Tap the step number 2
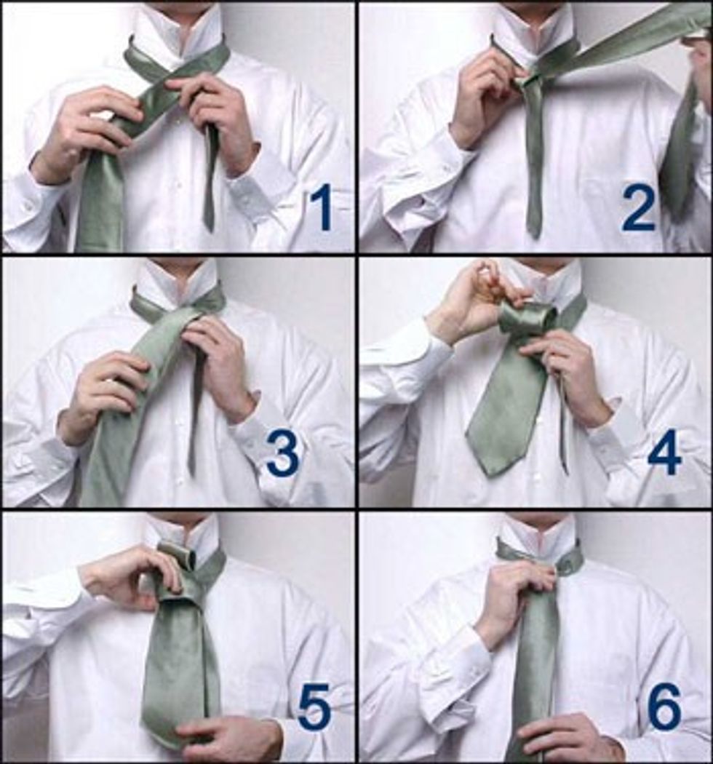(639, 210)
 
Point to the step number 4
(664, 453)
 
